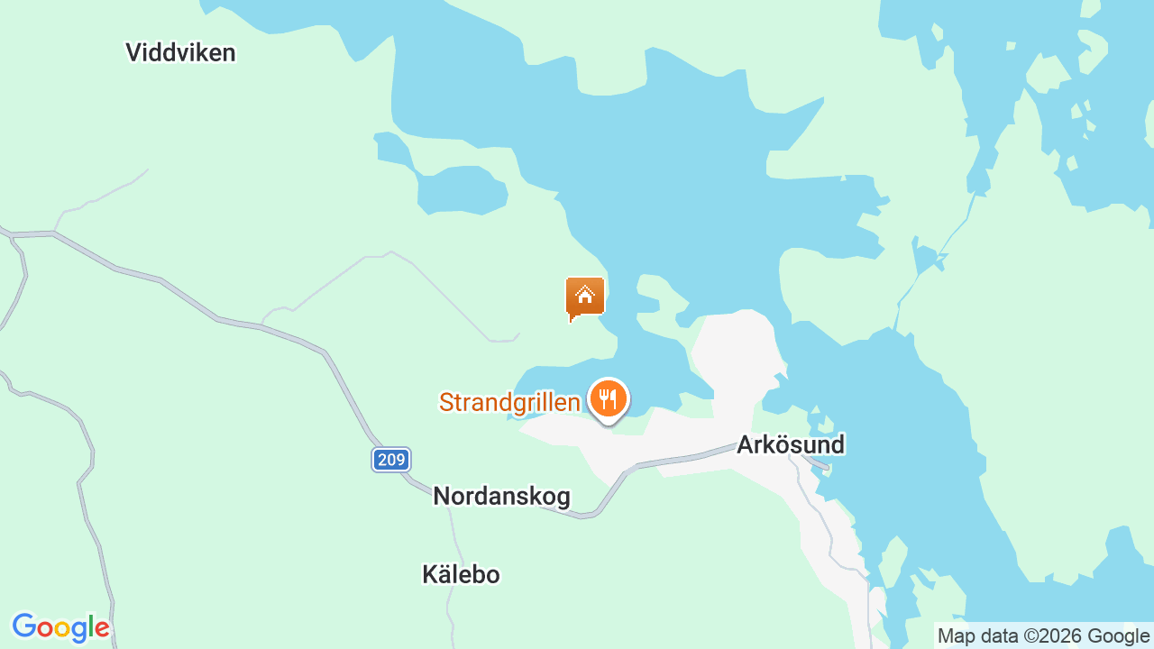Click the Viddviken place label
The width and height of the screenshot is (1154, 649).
(x=180, y=53)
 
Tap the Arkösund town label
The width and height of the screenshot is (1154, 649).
(x=791, y=444)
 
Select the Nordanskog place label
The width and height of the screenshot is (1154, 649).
(x=501, y=496)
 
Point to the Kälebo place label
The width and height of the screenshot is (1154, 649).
(x=461, y=574)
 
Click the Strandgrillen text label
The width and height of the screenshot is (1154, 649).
(x=509, y=402)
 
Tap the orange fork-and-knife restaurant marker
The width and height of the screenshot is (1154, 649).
(x=609, y=398)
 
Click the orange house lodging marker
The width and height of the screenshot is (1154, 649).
(x=584, y=297)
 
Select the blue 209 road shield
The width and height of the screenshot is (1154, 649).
(x=391, y=460)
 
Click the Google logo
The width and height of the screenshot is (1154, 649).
(x=60, y=627)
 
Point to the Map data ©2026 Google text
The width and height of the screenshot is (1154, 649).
(x=1044, y=635)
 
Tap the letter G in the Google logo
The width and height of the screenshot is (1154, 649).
(x=24, y=626)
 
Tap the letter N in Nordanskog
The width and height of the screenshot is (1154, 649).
(x=442, y=496)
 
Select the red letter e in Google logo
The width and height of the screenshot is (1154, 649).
(x=103, y=628)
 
